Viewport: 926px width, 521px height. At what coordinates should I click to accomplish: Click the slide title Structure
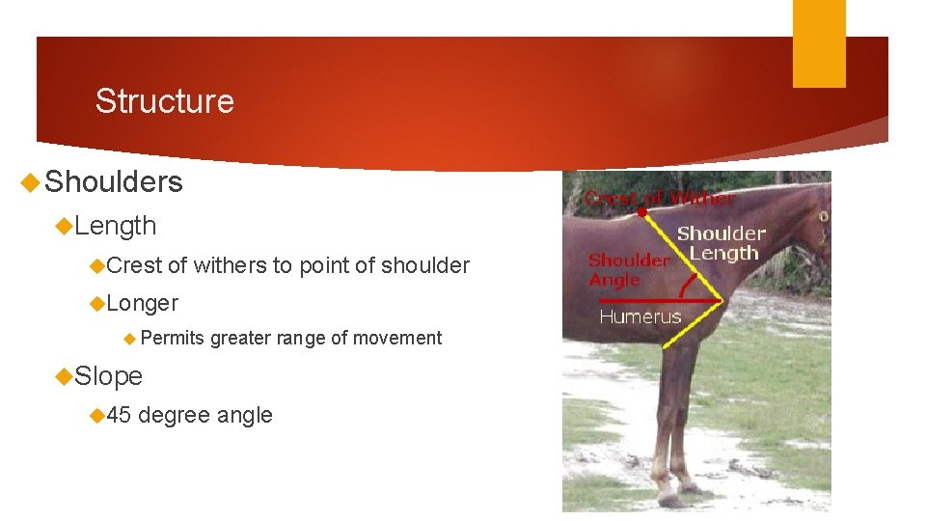pyautogui.click(x=164, y=101)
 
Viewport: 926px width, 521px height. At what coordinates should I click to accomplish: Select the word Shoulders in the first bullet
pyautogui.click(x=114, y=182)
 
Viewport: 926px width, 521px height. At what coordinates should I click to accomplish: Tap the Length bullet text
pyautogui.click(x=115, y=226)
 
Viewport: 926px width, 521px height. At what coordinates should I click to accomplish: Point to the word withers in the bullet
pyautogui.click(x=229, y=265)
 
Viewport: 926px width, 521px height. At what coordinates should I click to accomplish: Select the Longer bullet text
pyautogui.click(x=143, y=303)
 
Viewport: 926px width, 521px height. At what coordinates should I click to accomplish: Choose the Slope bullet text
pyautogui.click(x=108, y=375)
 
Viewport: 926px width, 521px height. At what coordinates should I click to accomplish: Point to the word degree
pyautogui.click(x=174, y=416)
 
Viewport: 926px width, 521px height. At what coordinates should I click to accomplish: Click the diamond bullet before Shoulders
pyautogui.click(x=31, y=182)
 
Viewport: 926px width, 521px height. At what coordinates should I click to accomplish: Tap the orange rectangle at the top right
pyautogui.click(x=819, y=43)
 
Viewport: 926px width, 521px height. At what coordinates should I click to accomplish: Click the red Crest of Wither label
pyautogui.click(x=660, y=198)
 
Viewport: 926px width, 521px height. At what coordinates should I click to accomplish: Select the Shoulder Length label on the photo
pyautogui.click(x=722, y=243)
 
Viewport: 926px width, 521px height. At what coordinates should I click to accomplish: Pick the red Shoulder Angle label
pyautogui.click(x=629, y=269)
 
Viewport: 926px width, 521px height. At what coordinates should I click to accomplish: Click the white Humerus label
pyautogui.click(x=640, y=316)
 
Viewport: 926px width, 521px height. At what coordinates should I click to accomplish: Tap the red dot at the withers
pyautogui.click(x=642, y=211)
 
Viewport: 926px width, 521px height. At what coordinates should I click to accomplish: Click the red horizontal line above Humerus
pyautogui.click(x=656, y=301)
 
